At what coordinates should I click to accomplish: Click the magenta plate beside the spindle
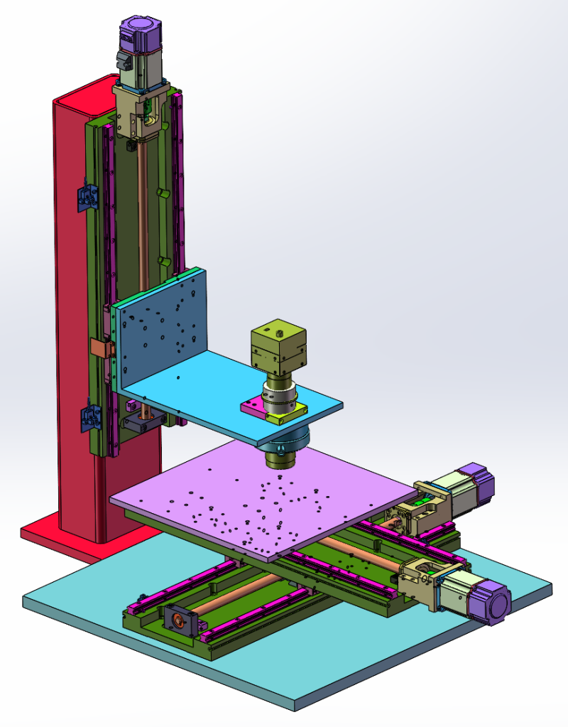point(250,407)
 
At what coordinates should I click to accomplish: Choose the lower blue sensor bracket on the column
point(88,417)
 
